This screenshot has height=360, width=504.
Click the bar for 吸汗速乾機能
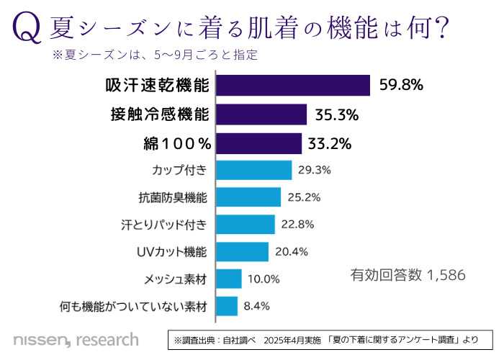pyautogui.click(x=293, y=85)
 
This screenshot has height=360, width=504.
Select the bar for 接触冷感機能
pyautogui.click(x=261, y=114)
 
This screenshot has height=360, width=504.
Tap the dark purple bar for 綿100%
pyautogui.click(x=258, y=143)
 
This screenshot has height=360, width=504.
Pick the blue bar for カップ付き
pyautogui.click(x=253, y=170)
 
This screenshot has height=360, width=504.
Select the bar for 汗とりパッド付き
pyautogui.click(x=246, y=224)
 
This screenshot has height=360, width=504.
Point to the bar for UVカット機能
pyautogui.click(x=242, y=251)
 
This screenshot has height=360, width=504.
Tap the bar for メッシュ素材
pyautogui.click(x=229, y=279)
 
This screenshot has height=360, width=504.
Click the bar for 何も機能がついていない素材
pyautogui.click(x=227, y=306)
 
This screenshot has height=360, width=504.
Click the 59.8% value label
pyautogui.click(x=401, y=86)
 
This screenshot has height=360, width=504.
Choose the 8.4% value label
pyautogui.click(x=257, y=306)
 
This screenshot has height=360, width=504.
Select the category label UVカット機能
pyautogui.click(x=172, y=251)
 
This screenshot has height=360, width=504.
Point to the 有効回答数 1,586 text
pyautogui.click(x=408, y=274)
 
